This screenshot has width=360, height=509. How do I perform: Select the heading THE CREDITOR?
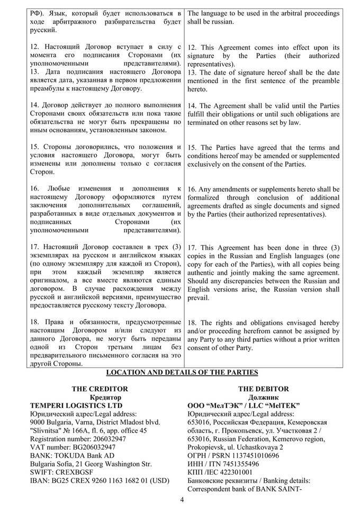93,388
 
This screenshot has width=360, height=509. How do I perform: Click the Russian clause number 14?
35,105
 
